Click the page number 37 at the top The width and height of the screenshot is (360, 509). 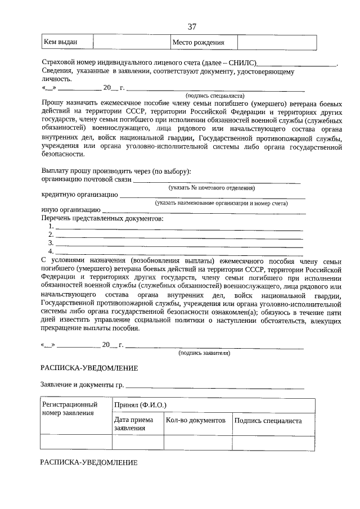(x=192, y=26)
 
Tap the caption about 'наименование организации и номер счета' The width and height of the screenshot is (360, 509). (x=222, y=203)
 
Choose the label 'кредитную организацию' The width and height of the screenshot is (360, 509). (x=79, y=195)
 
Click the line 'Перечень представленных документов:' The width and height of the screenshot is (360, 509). (x=102, y=218)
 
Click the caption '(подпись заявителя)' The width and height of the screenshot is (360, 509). (x=204, y=353)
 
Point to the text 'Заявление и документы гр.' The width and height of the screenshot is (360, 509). (x=82, y=385)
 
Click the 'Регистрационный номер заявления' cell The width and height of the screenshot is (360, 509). (x=70, y=409)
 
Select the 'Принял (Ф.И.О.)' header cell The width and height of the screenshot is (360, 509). (x=140, y=405)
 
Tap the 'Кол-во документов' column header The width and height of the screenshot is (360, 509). (x=196, y=420)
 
